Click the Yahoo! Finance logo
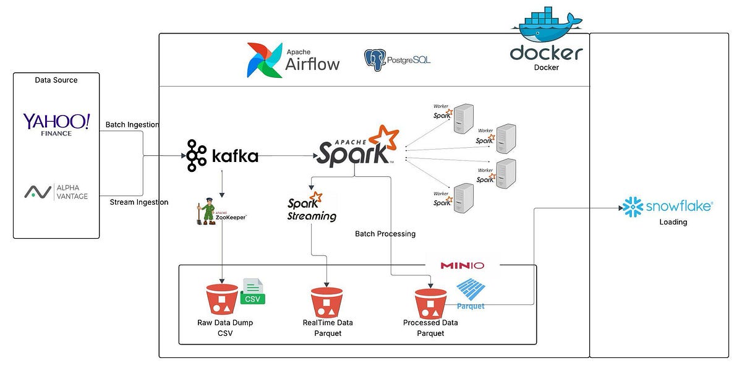56,124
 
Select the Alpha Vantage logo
56,192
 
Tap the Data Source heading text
56,80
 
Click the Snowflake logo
667,207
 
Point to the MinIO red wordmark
462,265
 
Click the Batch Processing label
385,234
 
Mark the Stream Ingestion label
139,202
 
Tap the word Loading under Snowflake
673,222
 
